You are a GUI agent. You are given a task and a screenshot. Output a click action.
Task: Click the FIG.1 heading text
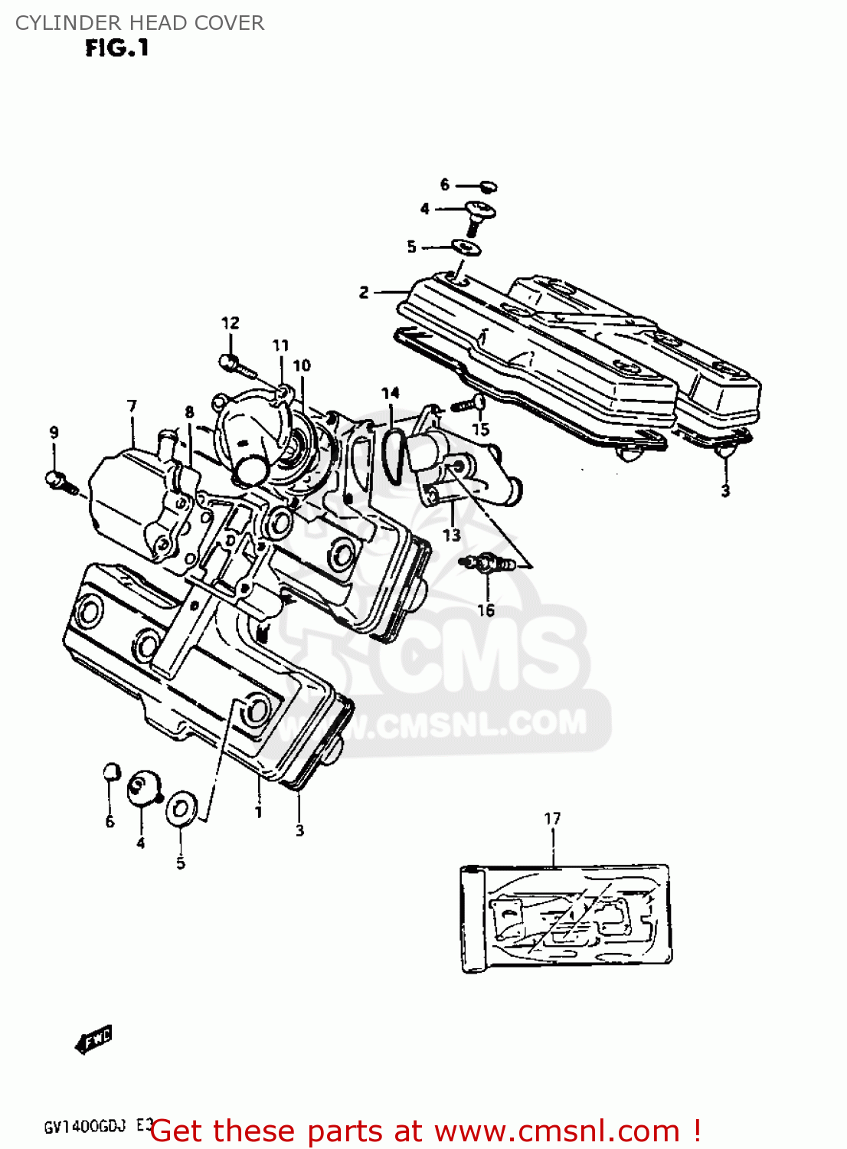tap(116, 48)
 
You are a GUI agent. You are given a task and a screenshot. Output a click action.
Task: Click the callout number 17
tap(552, 819)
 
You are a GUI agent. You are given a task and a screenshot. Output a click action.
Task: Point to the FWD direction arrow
tap(94, 1039)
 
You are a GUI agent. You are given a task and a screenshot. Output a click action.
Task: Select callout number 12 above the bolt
tap(230, 323)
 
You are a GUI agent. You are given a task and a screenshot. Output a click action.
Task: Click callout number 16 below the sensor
tap(486, 611)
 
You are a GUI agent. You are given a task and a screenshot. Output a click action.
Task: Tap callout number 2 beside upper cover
tap(364, 292)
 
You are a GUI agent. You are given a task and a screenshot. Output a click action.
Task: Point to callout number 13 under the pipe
tap(452, 535)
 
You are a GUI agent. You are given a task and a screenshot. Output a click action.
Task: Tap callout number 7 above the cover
tap(132, 406)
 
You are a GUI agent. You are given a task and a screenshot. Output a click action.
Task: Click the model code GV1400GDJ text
tap(84, 1128)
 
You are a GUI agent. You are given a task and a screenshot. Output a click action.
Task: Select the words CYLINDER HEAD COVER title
tap(139, 23)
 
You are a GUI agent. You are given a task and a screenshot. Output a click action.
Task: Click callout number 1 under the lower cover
tap(258, 812)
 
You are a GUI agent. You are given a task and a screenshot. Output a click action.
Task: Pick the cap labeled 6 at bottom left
tap(112, 771)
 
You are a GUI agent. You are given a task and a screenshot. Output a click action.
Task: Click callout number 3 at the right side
tap(725, 490)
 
